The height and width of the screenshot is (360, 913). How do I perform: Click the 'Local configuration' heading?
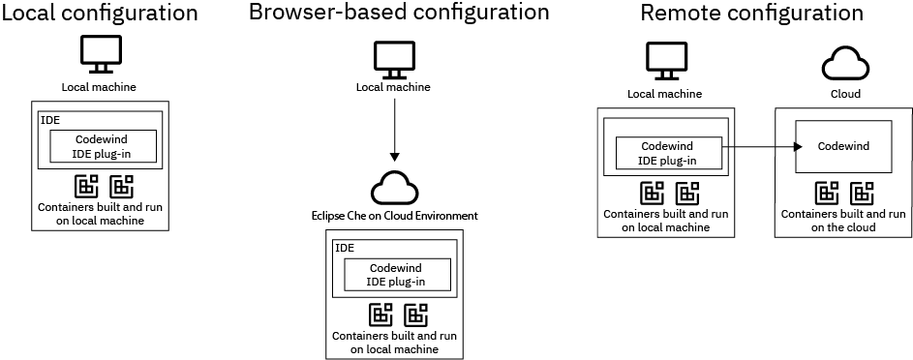pyautogui.click(x=102, y=14)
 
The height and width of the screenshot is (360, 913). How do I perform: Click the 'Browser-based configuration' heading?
pyautogui.click(x=398, y=13)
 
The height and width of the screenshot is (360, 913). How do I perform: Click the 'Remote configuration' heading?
pyautogui.click(x=751, y=14)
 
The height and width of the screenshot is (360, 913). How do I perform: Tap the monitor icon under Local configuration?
pyautogui.click(x=102, y=55)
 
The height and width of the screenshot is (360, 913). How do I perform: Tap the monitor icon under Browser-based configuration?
pyautogui.click(x=394, y=59)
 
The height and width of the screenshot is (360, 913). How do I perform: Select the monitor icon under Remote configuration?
pyautogui.click(x=664, y=60)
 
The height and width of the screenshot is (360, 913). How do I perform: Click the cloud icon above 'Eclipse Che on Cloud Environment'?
pyautogui.click(x=393, y=185)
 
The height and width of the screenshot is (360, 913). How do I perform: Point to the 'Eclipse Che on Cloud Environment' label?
pyautogui.click(x=393, y=214)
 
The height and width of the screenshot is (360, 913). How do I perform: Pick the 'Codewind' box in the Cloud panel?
pyautogui.click(x=843, y=147)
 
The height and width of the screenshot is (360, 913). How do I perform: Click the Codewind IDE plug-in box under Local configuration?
pyautogui.click(x=103, y=146)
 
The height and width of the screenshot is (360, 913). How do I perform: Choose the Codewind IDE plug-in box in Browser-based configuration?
pyautogui.click(x=396, y=275)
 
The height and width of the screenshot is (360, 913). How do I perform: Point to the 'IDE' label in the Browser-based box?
pyautogui.click(x=344, y=248)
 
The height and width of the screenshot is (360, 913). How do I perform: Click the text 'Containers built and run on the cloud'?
pyautogui.click(x=844, y=220)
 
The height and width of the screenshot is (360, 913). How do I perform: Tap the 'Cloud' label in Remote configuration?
pyautogui.click(x=845, y=95)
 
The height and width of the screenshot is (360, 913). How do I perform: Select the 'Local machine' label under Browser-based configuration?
pyautogui.click(x=393, y=88)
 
